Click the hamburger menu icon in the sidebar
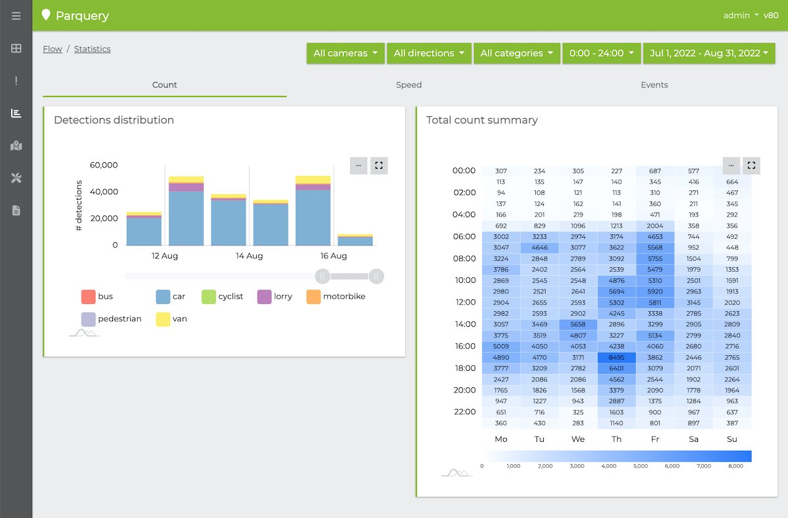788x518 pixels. [x=16, y=16]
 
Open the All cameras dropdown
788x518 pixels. [x=345, y=53]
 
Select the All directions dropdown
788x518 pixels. [x=429, y=53]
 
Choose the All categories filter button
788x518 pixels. [x=516, y=53]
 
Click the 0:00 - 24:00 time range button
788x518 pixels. [x=601, y=53]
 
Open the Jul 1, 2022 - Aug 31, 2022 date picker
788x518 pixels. [x=709, y=53]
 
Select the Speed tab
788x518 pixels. [x=408, y=85]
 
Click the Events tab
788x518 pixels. [x=654, y=85]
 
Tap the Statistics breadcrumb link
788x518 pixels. [x=92, y=49]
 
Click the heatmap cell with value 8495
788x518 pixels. [x=617, y=358]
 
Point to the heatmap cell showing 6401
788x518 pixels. [x=617, y=368]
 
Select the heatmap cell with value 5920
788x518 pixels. [x=655, y=291]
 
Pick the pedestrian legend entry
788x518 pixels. [x=111, y=319]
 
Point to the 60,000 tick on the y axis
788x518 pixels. [x=104, y=165]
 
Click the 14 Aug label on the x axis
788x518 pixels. [x=249, y=256]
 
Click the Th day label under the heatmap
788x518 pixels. [x=617, y=439]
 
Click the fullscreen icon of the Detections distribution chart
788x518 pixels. [x=379, y=165]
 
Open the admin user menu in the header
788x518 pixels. [x=741, y=15]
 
